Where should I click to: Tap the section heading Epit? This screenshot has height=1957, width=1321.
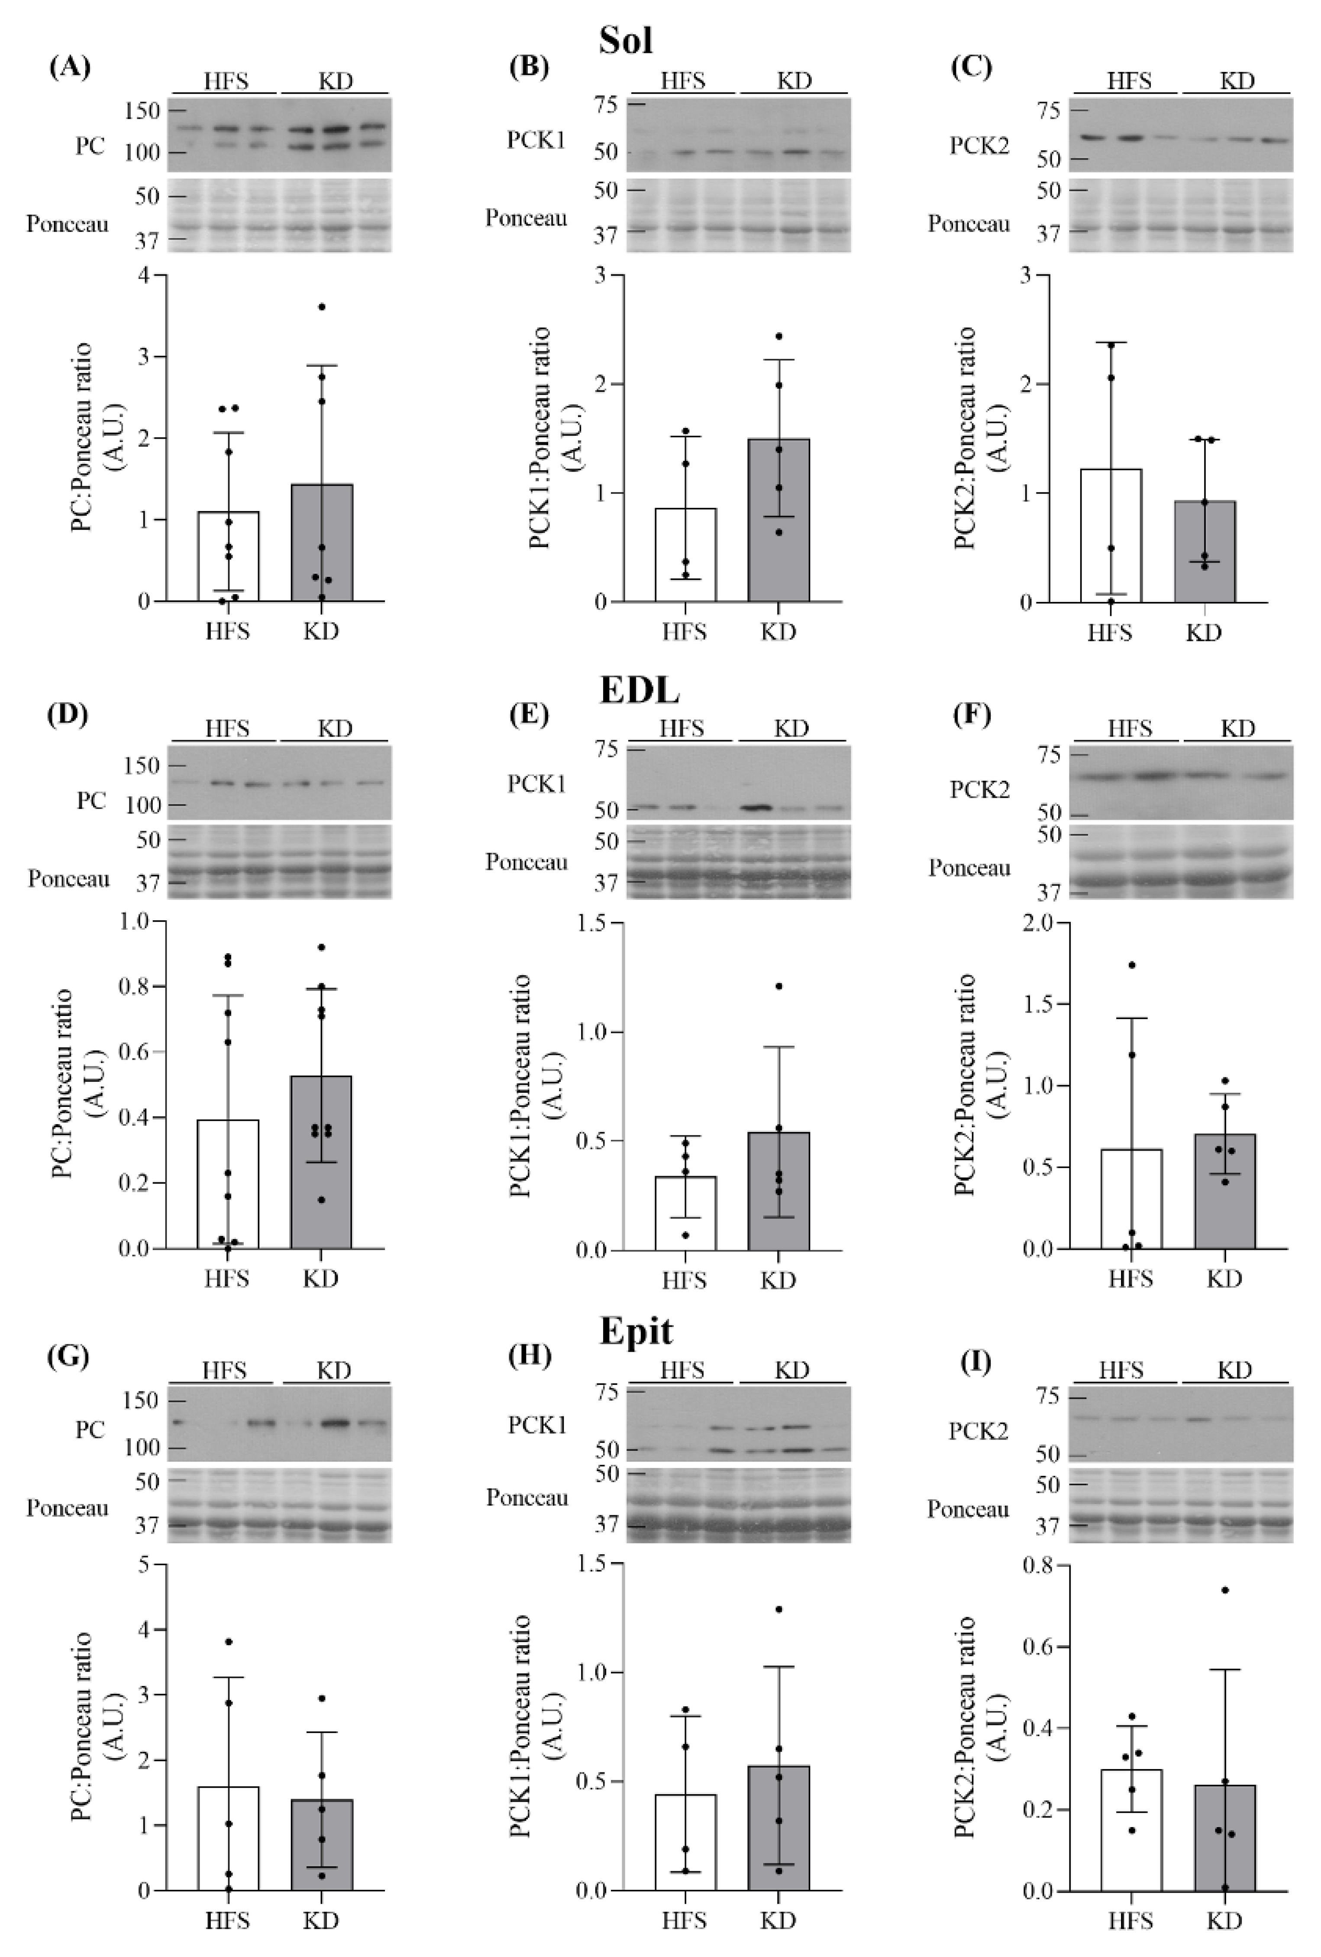click(x=636, y=1330)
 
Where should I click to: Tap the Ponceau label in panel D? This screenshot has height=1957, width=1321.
click(x=68, y=879)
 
